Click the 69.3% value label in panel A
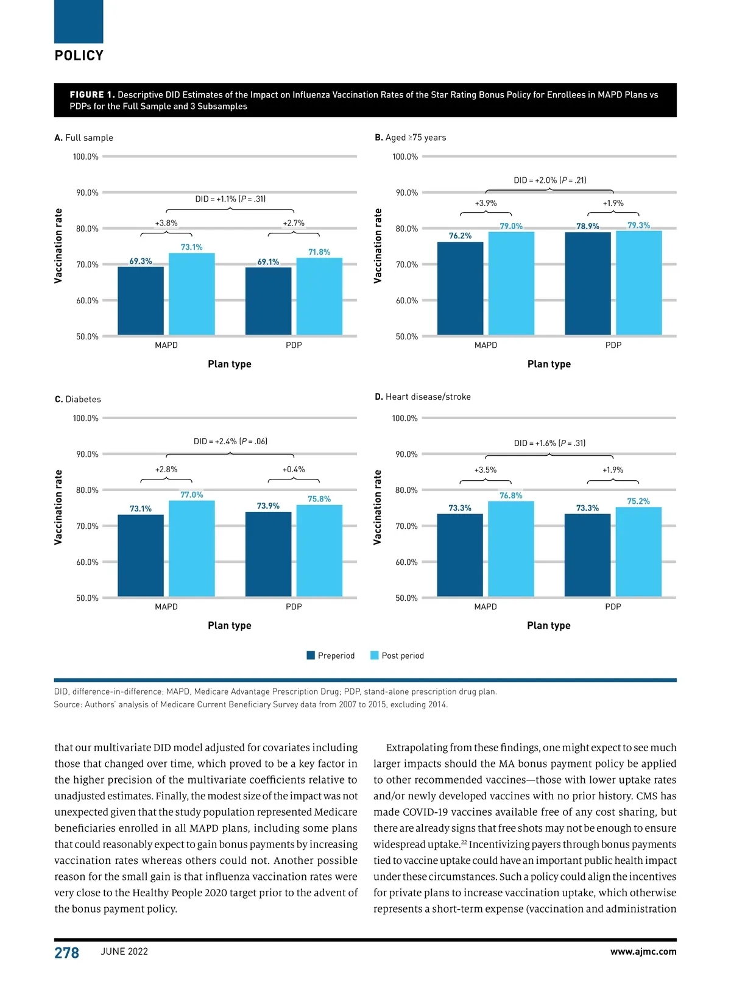click(141, 261)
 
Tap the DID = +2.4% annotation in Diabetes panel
click(230, 441)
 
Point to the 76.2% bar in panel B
click(460, 288)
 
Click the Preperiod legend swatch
click(311, 656)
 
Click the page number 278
click(66, 953)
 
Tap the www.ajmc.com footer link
click(643, 952)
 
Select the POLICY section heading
click(79, 55)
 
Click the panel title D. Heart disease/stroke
click(422, 397)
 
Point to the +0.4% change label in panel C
click(294, 470)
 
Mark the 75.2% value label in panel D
click(638, 501)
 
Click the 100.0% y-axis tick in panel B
click(405, 157)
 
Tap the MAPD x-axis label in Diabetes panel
click(166, 607)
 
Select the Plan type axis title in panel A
click(230, 364)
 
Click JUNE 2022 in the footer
click(124, 952)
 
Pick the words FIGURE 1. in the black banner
click(92, 95)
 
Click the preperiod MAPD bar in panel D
click(460, 555)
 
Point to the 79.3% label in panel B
click(638, 225)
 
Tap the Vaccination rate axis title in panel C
click(58, 507)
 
